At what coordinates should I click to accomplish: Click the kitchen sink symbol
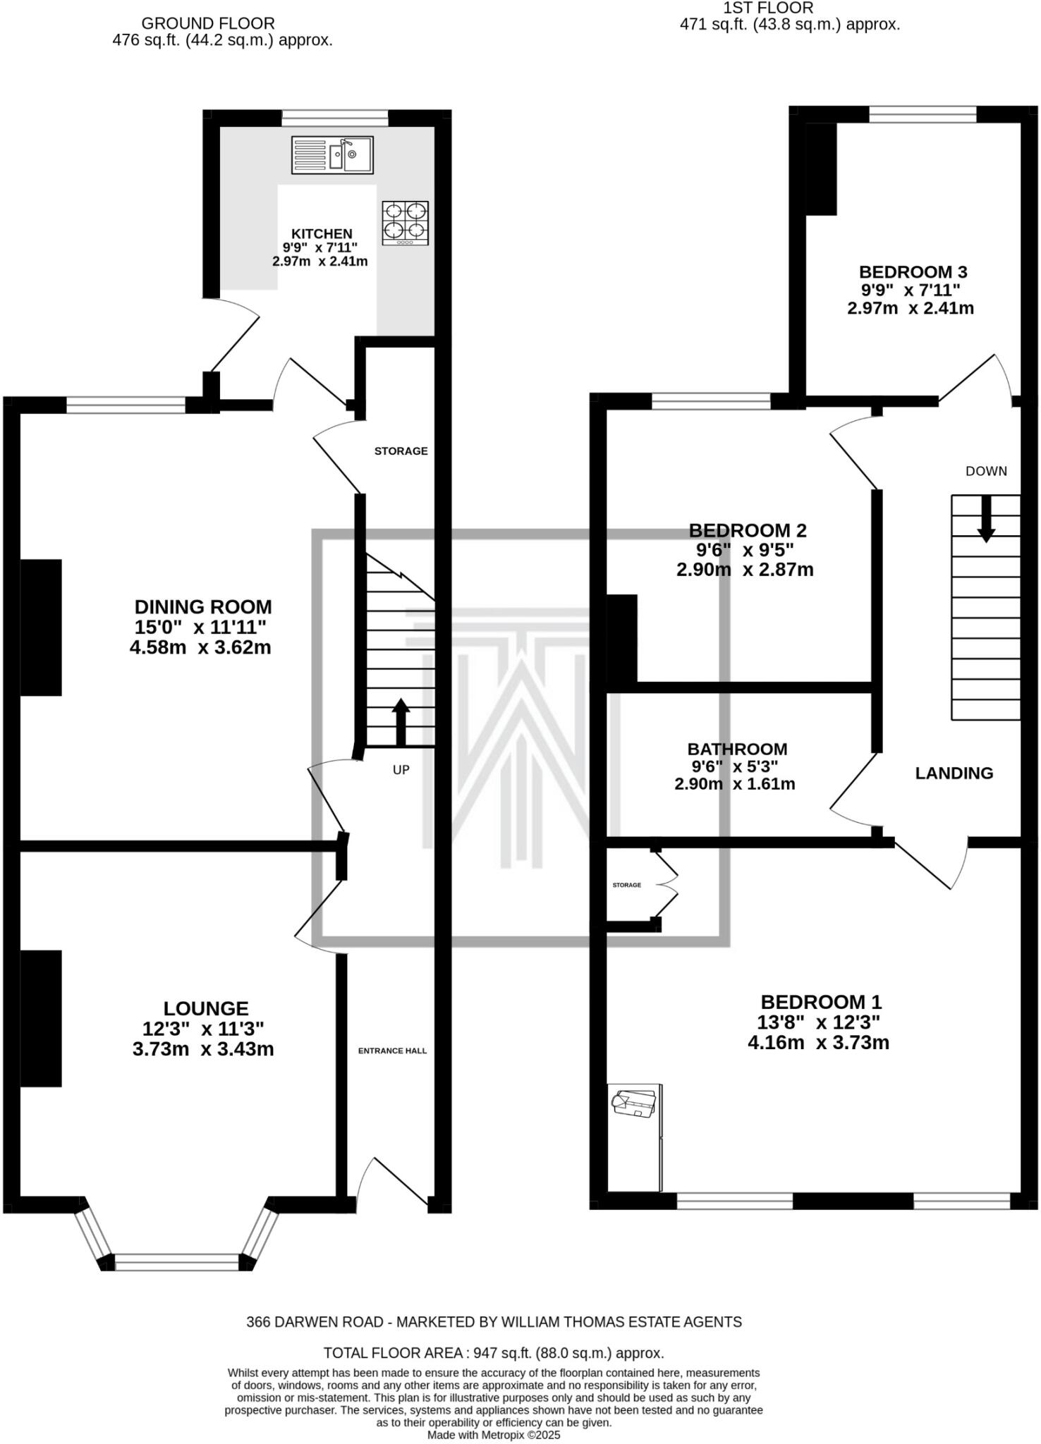pos(332,155)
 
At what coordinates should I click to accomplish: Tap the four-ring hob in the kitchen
pos(406,223)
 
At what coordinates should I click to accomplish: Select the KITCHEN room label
pos(322,234)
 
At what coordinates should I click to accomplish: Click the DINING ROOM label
pos(203,607)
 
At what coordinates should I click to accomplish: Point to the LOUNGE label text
pos(206,1009)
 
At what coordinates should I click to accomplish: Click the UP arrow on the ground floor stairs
pos(401,721)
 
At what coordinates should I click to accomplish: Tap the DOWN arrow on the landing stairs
pos(986,518)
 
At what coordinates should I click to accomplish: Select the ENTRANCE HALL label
pos(392,1051)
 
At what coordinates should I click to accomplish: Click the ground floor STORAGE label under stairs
pos(401,451)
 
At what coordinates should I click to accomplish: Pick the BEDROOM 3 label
pos(913,272)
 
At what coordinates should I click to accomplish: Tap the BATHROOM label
pos(737,749)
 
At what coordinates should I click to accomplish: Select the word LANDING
pos(954,773)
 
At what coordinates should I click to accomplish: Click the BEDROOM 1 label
pos(821,1002)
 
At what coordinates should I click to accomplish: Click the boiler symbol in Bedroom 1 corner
pos(634,1103)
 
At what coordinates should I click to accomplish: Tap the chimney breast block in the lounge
pos(40,1018)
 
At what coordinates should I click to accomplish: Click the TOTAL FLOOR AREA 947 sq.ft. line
pos(494,1353)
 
